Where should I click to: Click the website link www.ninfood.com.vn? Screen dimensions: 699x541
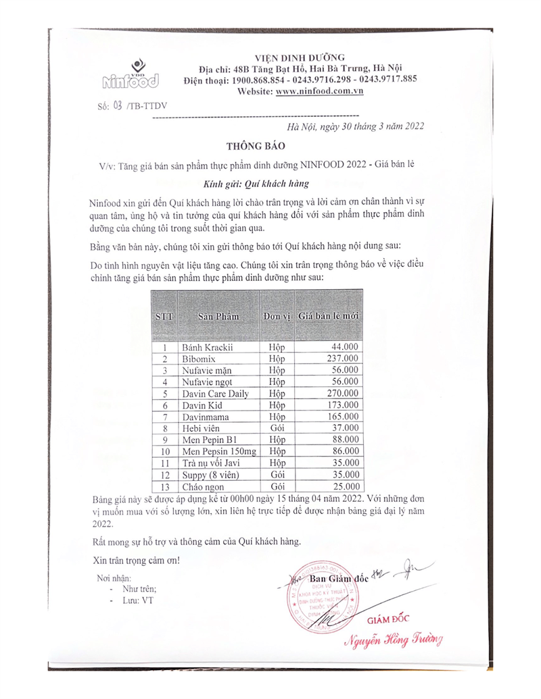[319, 90]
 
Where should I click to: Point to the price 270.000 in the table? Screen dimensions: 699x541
[342, 394]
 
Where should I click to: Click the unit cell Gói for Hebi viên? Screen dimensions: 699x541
[277, 428]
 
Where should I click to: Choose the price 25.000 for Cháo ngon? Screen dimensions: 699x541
[344, 486]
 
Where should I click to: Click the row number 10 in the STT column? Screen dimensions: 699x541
[164, 452]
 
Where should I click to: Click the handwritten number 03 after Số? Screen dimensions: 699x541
[118, 106]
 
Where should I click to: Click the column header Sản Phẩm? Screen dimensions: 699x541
[218, 315]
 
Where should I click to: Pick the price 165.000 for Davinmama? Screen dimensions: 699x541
[342, 417]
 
